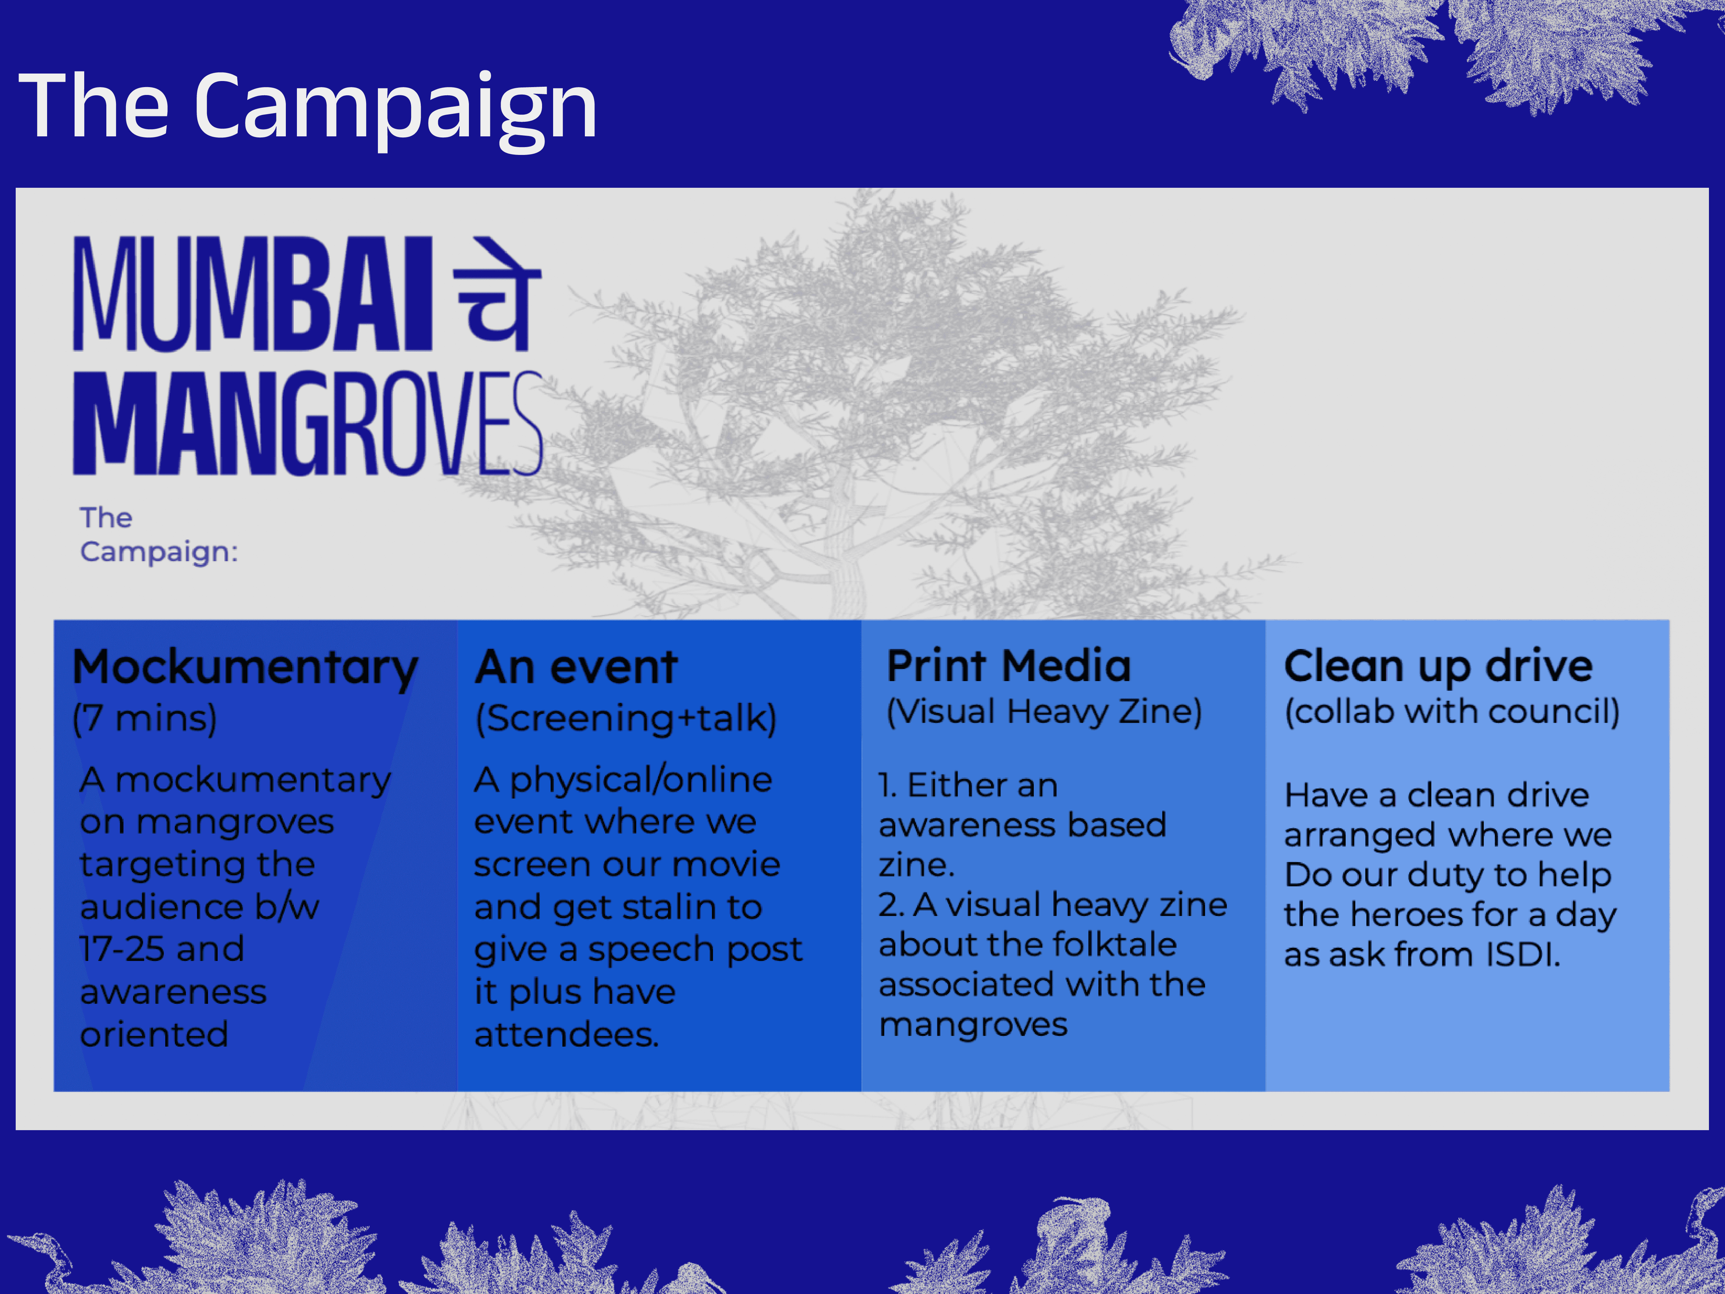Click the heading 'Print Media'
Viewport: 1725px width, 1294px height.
click(1008, 666)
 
